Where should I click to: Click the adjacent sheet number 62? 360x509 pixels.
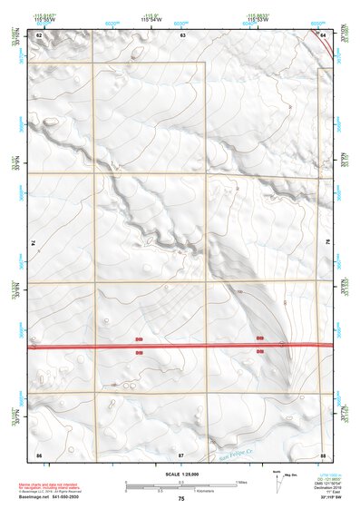click(39, 34)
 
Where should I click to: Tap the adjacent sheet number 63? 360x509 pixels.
click(182, 34)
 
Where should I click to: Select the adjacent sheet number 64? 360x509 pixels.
click(324, 34)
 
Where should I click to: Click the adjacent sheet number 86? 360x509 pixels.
click(39, 452)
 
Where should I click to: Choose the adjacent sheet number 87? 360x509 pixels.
click(181, 452)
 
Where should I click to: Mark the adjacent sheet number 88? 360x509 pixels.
click(323, 452)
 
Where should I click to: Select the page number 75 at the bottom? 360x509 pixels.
click(181, 499)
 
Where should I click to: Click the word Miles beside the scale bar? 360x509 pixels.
click(241, 482)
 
